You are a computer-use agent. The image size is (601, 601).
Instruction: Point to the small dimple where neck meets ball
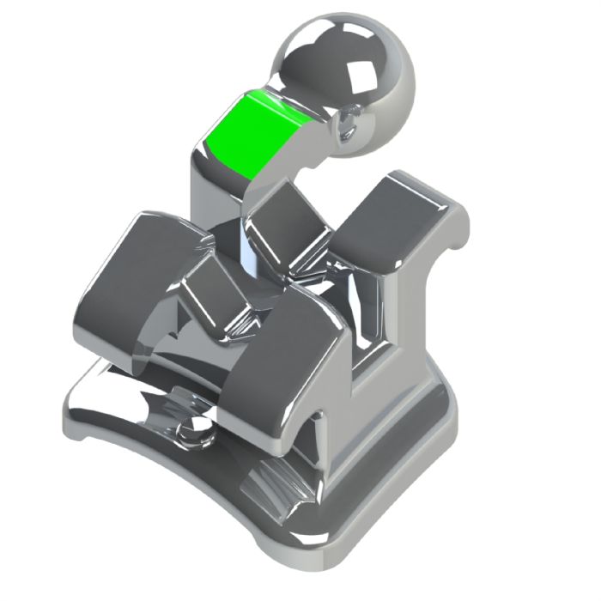coord(348,121)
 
